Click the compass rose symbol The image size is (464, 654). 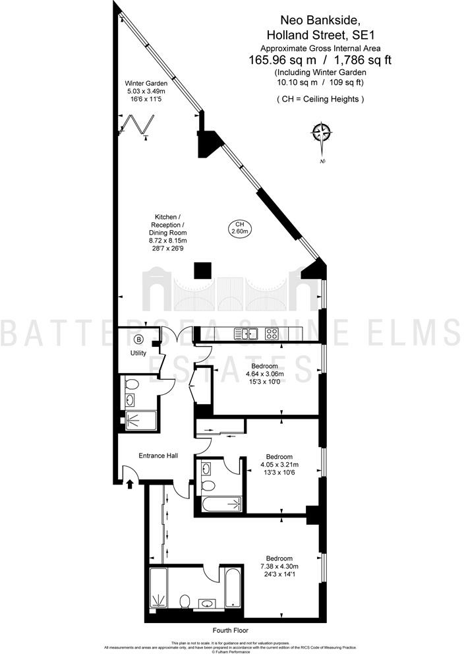(322, 134)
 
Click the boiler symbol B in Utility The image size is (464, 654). (138, 340)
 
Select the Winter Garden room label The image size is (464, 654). (146, 84)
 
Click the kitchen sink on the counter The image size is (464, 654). (249, 334)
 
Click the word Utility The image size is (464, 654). (138, 353)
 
